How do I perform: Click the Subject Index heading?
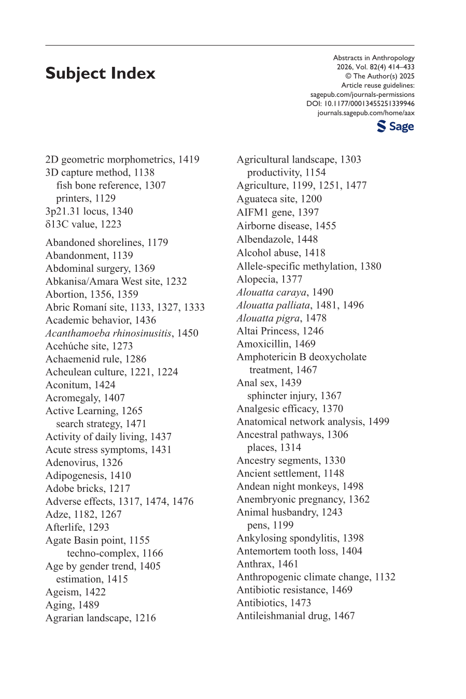point(100,74)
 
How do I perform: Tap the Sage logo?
point(396,126)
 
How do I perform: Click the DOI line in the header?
point(360,104)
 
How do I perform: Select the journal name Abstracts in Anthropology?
point(374,58)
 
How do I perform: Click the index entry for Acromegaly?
point(85,398)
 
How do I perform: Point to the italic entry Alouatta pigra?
point(268,318)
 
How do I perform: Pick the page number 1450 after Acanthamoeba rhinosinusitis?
point(188,333)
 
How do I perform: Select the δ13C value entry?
point(83,224)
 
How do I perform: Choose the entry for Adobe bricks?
point(88,488)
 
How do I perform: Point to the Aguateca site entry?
point(279,199)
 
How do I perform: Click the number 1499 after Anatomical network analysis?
point(378,421)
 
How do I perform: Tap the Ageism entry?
point(75,592)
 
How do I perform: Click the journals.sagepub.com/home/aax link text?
point(366,113)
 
